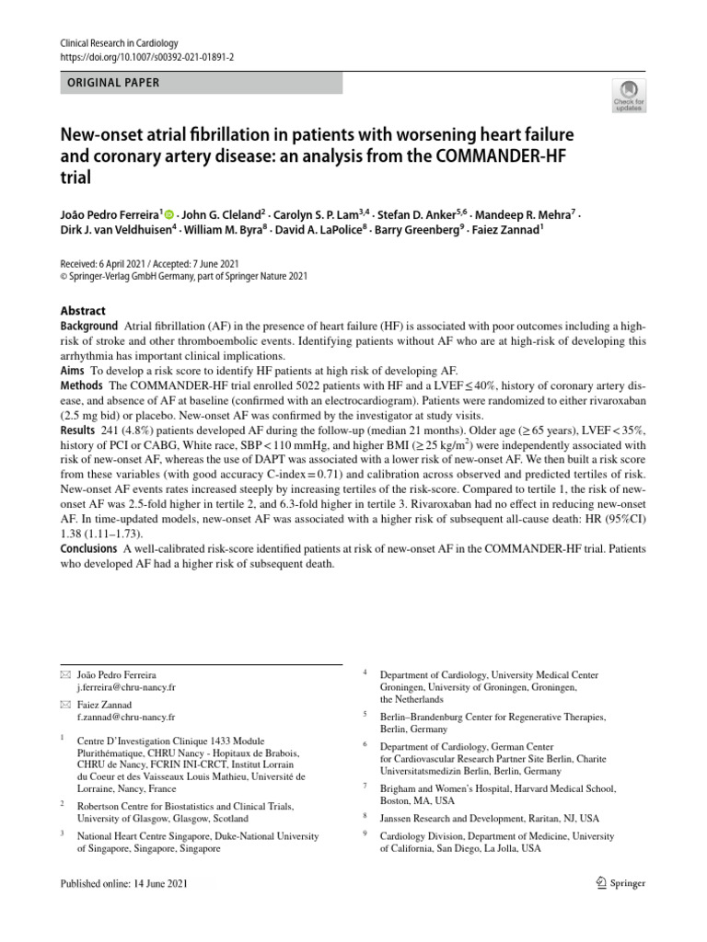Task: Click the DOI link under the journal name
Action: coord(146,56)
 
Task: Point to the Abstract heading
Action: coord(83,311)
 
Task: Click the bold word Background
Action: coord(88,327)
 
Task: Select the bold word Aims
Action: coord(73,369)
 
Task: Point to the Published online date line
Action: coord(122,883)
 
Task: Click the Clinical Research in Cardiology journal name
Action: coord(119,43)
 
